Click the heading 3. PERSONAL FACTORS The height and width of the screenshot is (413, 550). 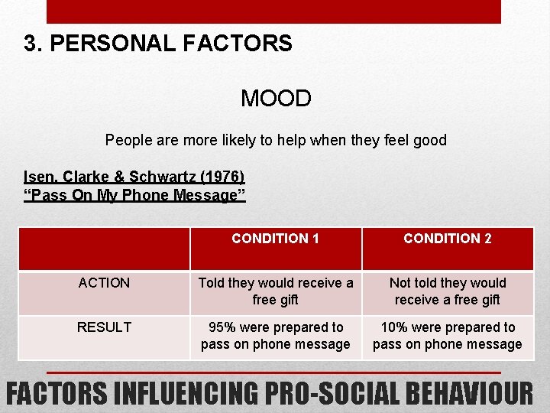158,43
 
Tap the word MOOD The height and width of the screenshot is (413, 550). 276,99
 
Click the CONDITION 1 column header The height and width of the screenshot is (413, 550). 275,239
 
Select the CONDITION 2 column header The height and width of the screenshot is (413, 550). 448,239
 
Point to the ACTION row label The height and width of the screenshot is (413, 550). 104,283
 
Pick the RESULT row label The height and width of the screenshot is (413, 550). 104,327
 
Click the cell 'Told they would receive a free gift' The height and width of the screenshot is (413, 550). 275,291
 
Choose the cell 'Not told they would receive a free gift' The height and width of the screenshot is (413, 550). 448,291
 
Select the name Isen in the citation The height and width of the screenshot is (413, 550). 40,177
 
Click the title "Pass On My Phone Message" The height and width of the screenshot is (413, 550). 135,195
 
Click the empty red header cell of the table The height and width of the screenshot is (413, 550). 104,249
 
